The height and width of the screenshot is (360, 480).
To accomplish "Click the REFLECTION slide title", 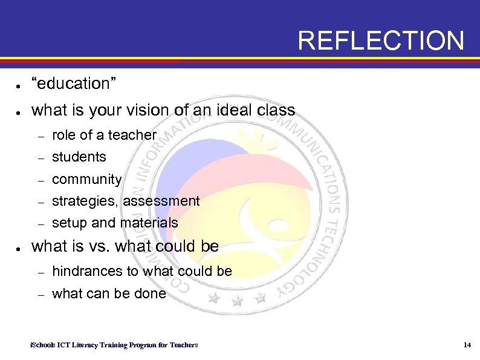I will tap(381, 41).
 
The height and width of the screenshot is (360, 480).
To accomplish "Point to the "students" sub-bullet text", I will tap(79, 157).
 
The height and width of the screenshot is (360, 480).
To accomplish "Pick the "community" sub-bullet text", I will tap(87, 180).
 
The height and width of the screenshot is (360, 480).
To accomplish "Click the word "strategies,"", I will tap(85, 201).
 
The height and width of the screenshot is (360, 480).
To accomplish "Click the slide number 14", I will tap(466, 345).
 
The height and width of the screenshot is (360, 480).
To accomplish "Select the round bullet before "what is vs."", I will tap(20, 248).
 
